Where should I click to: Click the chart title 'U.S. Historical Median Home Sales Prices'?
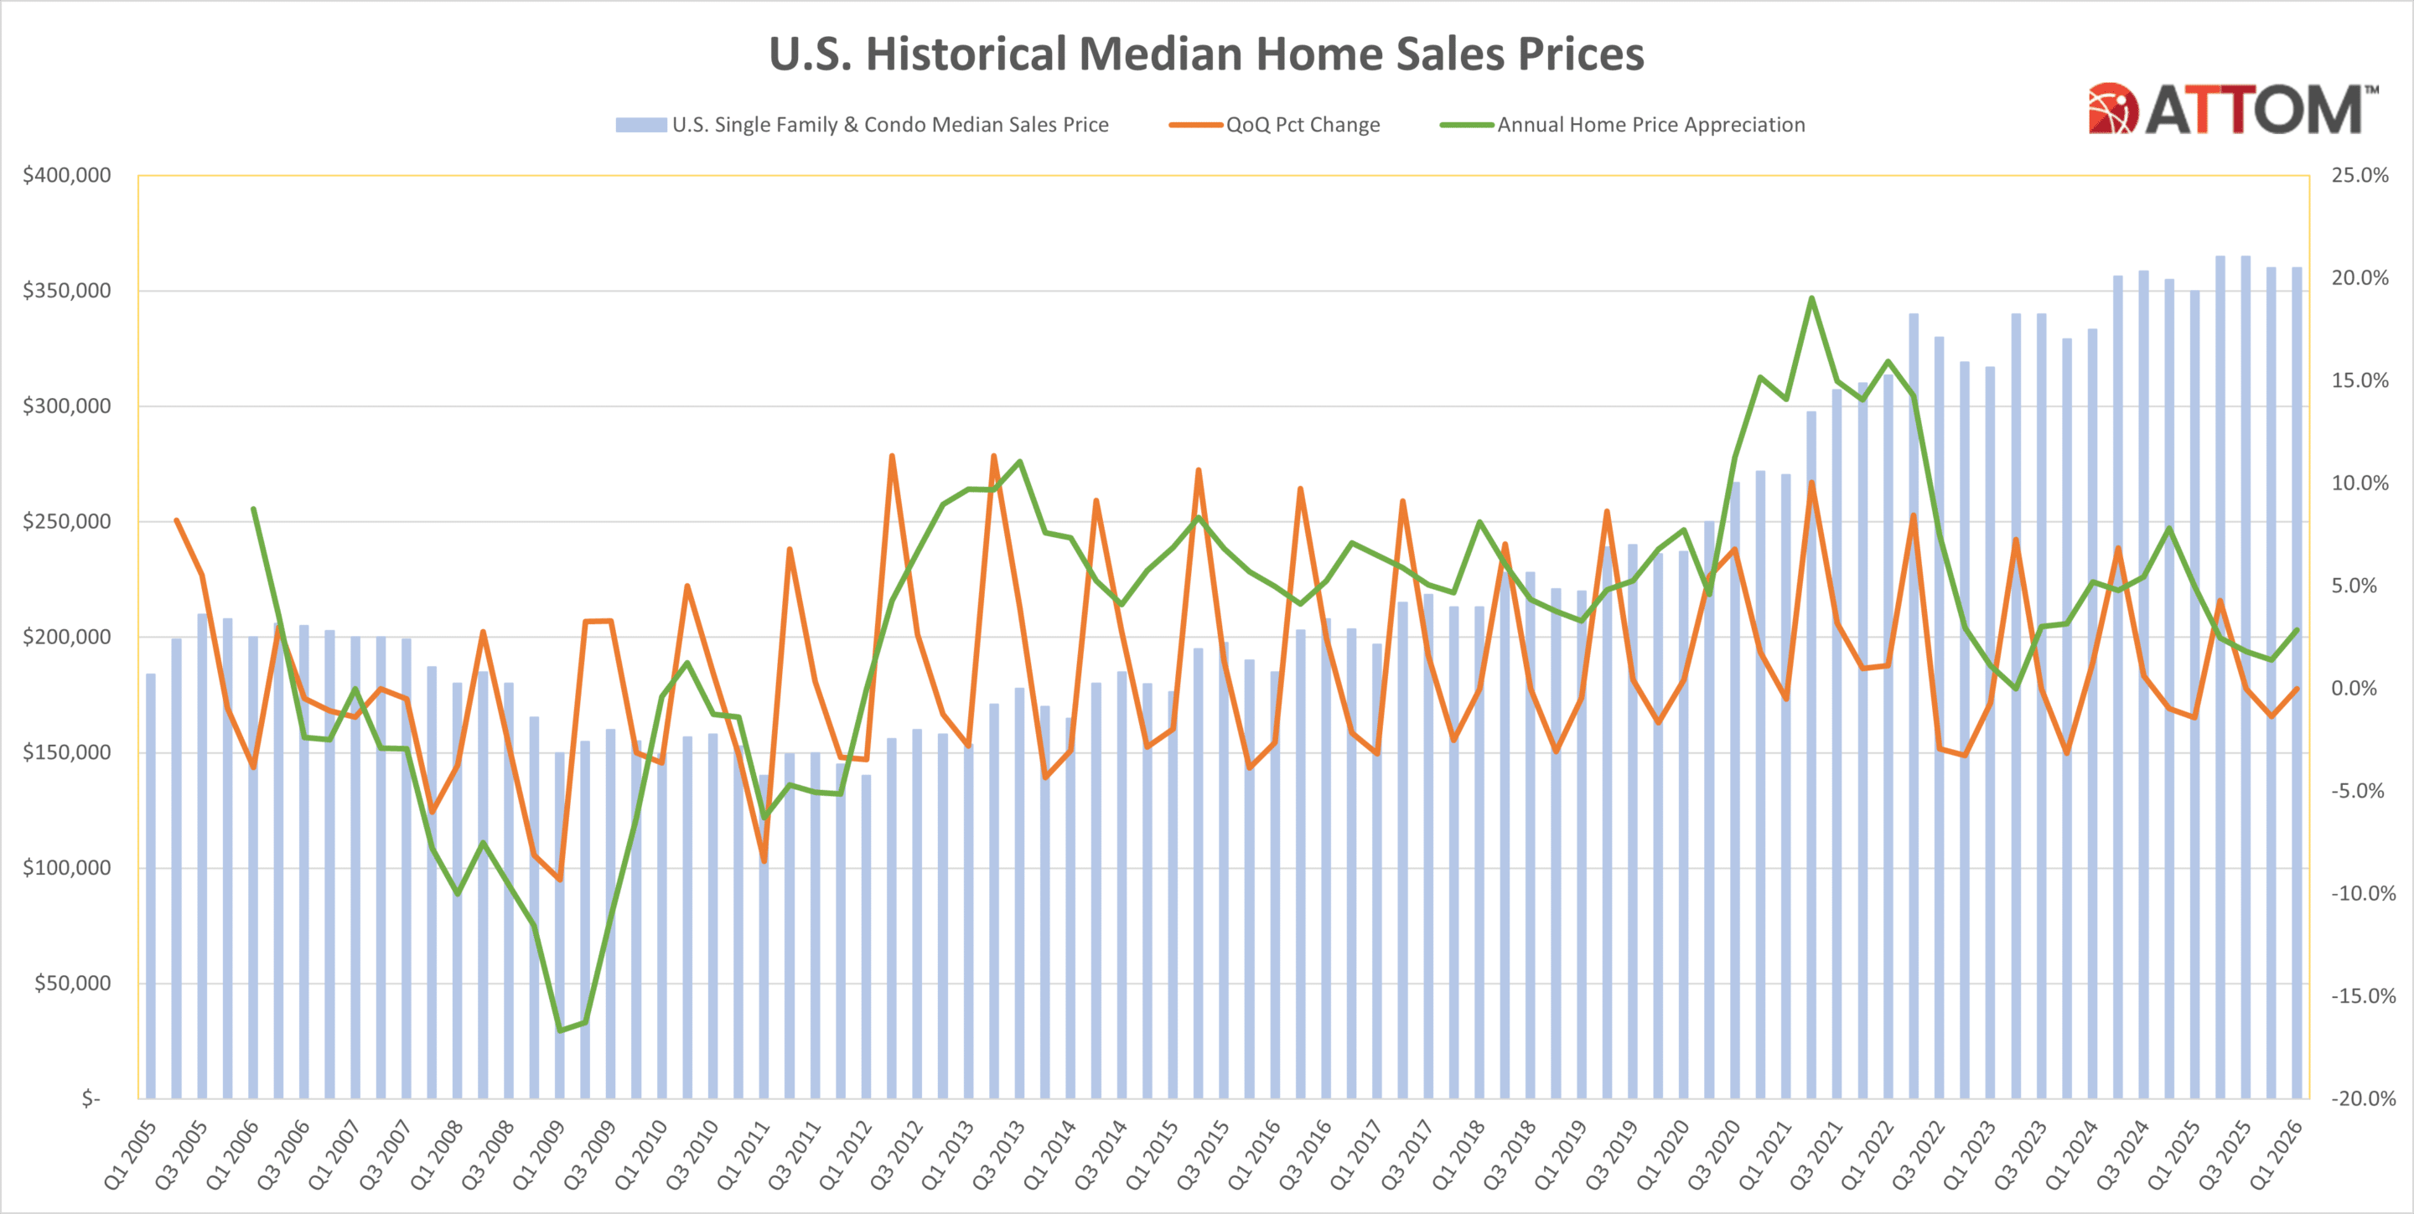(x=1206, y=54)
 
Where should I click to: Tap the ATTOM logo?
(x=2232, y=110)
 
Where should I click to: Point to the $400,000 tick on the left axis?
(x=66, y=175)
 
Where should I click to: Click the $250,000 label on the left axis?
(x=66, y=521)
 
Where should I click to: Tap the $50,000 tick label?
(x=72, y=983)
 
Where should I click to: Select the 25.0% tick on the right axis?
(x=2360, y=175)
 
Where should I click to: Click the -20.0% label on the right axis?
(x=2363, y=1098)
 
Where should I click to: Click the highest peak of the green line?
(x=1811, y=299)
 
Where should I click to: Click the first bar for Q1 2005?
(x=151, y=886)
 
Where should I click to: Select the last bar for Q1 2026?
(x=2297, y=683)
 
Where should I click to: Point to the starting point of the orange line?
(x=176, y=520)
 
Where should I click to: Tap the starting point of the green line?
(x=253, y=509)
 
